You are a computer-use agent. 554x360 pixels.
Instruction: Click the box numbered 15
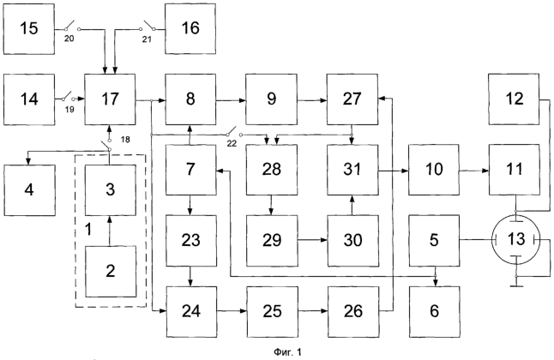pyautogui.click(x=29, y=29)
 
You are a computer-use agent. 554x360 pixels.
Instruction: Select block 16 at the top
pyautogui.click(x=190, y=29)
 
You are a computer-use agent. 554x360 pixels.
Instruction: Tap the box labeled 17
pyautogui.click(x=110, y=99)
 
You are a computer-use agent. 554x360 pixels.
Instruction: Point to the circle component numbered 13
pyautogui.click(x=516, y=239)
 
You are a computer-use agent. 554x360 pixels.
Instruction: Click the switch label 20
pyautogui.click(x=69, y=39)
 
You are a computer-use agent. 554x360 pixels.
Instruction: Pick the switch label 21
pyautogui.click(x=147, y=39)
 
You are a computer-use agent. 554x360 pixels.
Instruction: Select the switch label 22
pyautogui.click(x=232, y=144)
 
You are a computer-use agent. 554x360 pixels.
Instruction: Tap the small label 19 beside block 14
pyautogui.click(x=69, y=110)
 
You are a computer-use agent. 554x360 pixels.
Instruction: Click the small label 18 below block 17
pyautogui.click(x=125, y=140)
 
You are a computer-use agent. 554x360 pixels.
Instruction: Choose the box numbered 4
pyautogui.click(x=29, y=190)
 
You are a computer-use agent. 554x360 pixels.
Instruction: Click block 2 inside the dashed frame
pyautogui.click(x=111, y=272)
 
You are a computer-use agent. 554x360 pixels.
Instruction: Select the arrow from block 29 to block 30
pyautogui.click(x=313, y=240)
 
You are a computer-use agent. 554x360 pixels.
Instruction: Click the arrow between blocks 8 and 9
pyautogui.click(x=231, y=100)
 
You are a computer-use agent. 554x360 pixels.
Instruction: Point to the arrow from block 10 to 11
pyautogui.click(x=474, y=171)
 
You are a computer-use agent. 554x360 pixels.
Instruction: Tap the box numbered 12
pyautogui.click(x=514, y=99)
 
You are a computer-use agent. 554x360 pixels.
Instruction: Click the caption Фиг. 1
pyautogui.click(x=287, y=352)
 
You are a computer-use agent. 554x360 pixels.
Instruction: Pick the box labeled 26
pyautogui.click(x=353, y=312)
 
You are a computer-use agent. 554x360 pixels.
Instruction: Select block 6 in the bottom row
pyautogui.click(x=435, y=312)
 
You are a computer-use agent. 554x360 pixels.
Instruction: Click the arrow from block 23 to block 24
pyautogui.click(x=190, y=276)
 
